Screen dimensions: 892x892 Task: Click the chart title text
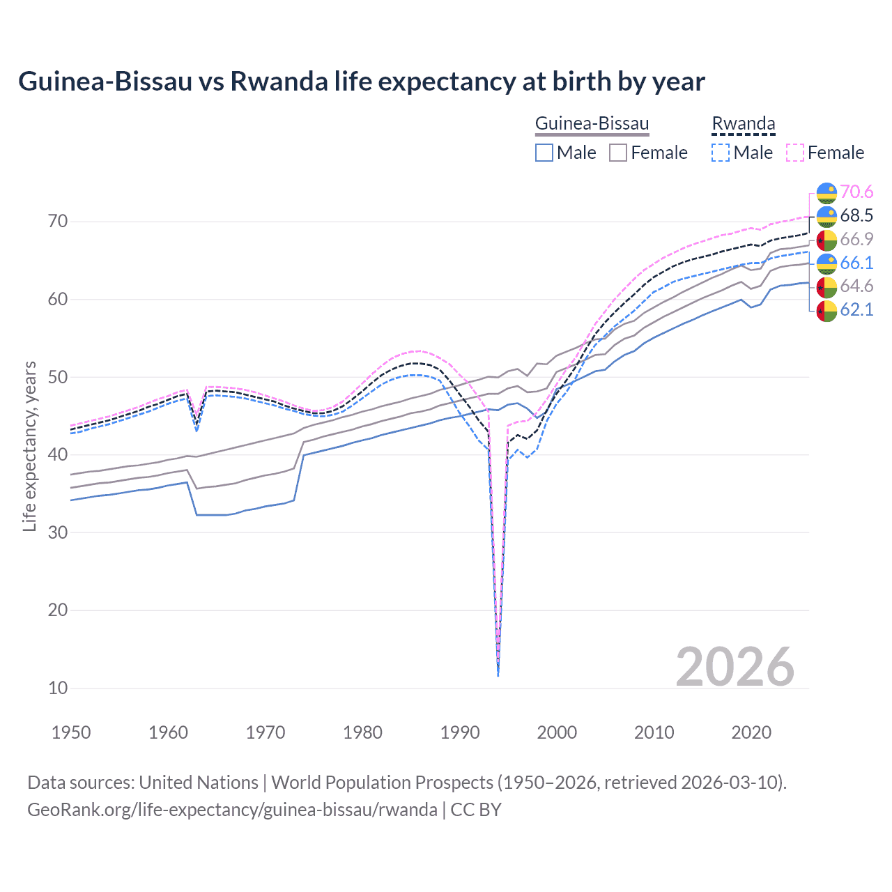pyautogui.click(x=361, y=82)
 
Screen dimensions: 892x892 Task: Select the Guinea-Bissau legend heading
pyautogui.click(x=592, y=124)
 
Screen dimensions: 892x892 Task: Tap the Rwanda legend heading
pyautogui.click(x=743, y=124)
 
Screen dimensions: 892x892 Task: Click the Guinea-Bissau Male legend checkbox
pyautogui.click(x=544, y=153)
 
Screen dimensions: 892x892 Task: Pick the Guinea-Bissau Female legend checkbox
pyautogui.click(x=618, y=153)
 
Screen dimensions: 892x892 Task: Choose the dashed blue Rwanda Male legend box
pyautogui.click(x=721, y=153)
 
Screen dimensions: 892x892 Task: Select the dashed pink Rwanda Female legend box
pyautogui.click(x=795, y=153)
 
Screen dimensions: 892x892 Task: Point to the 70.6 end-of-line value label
pyautogui.click(x=856, y=192)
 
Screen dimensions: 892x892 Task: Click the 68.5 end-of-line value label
pyautogui.click(x=856, y=215)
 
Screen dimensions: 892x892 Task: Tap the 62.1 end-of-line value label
pyautogui.click(x=856, y=309)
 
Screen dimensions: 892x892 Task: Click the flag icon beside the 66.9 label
pyautogui.click(x=826, y=240)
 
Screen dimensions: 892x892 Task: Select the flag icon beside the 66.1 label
pyautogui.click(x=826, y=263)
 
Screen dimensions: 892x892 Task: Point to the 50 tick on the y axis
pyautogui.click(x=58, y=377)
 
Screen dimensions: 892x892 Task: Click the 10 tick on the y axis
pyautogui.click(x=58, y=688)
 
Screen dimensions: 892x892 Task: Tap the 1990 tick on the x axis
pyautogui.click(x=460, y=732)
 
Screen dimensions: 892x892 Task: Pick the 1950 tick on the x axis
pyautogui.click(x=71, y=732)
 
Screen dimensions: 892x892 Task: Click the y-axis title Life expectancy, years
pyautogui.click(x=29, y=446)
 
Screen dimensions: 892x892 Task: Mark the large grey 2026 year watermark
pyautogui.click(x=735, y=667)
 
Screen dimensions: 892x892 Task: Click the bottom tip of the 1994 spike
pyautogui.click(x=498, y=675)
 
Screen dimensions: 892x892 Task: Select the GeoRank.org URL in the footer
pyautogui.click(x=232, y=810)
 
